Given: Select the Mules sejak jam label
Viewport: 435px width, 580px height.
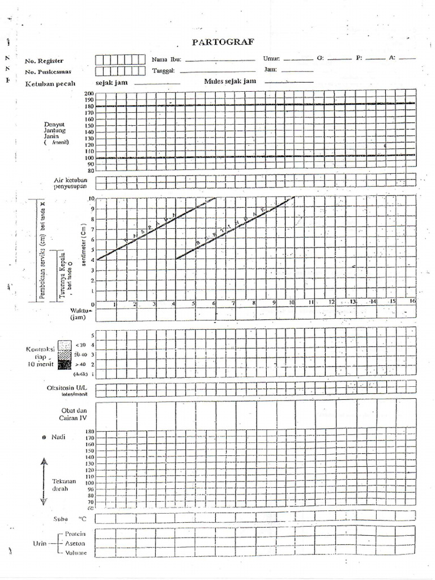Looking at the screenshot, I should [230, 82].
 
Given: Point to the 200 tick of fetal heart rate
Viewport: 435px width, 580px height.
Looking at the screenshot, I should [89, 94].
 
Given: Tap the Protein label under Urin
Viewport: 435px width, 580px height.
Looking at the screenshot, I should [75, 534].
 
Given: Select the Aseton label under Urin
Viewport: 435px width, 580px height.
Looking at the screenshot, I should [75, 543].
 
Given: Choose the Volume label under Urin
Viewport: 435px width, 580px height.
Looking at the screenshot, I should [76, 552].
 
